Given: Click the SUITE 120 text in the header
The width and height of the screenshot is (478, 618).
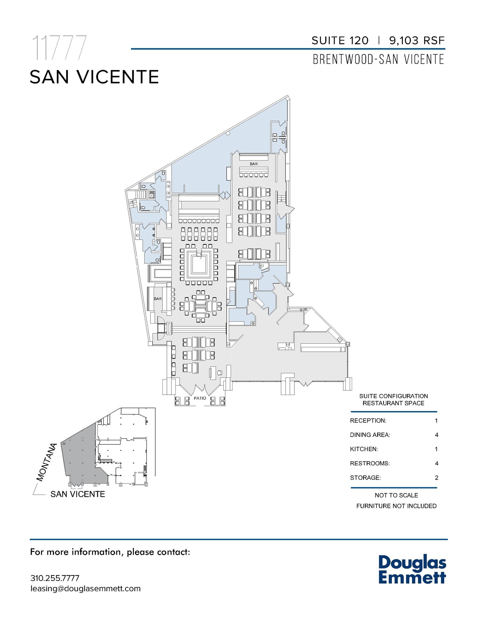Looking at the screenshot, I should [340, 40].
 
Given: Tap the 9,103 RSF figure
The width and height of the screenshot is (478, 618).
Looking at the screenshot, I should [417, 40].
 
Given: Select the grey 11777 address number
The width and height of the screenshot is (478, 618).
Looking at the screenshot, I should [59, 48].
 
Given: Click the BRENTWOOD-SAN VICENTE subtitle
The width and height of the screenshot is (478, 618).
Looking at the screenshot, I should [378, 59].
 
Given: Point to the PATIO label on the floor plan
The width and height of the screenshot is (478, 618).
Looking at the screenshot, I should [200, 398].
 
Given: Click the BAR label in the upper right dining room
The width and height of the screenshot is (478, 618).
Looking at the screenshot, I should [254, 164].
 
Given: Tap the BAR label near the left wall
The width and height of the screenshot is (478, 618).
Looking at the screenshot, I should [158, 299].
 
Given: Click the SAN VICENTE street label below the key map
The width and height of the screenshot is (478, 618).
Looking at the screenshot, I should [78, 494].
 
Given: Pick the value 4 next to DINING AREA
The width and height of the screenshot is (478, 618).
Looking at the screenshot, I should [436, 435].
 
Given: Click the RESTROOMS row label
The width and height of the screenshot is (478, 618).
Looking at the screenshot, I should [370, 463].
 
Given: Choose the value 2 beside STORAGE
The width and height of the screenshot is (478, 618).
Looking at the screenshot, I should [436, 478].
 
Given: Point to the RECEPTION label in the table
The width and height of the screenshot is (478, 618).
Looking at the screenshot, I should [368, 421].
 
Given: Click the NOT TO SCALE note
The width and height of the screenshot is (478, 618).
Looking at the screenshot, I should [396, 495].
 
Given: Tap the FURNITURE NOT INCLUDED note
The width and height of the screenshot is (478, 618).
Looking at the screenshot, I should [396, 506].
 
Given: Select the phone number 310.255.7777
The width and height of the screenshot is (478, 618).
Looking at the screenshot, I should [55, 578].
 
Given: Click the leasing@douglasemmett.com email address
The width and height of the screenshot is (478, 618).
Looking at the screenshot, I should [85, 588].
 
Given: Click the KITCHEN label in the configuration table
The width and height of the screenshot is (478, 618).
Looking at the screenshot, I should [364, 449].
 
